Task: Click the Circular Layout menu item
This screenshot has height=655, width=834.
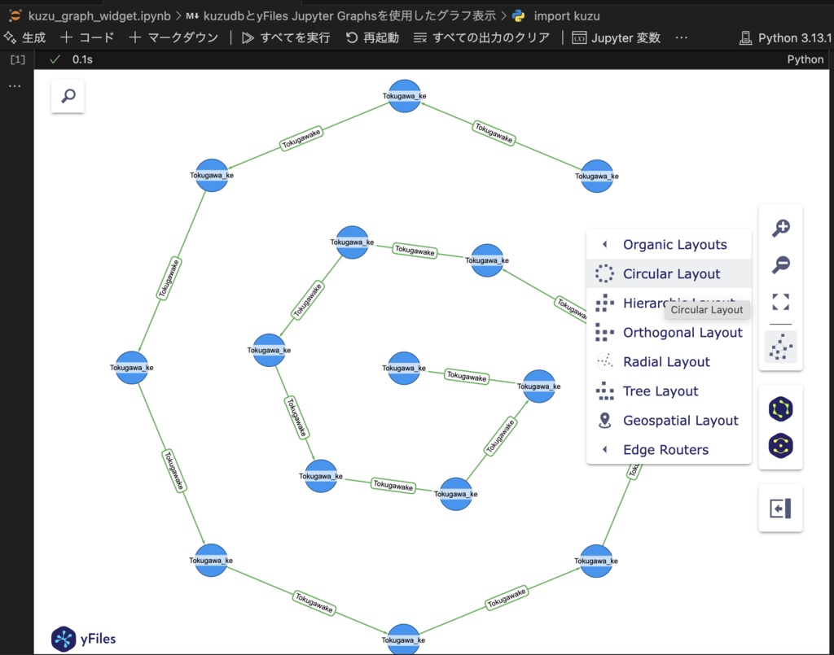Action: pos(671,273)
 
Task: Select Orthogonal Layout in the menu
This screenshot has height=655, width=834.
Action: pos(682,332)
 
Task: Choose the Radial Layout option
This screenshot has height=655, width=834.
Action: pos(665,361)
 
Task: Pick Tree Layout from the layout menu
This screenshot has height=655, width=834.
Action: pos(660,391)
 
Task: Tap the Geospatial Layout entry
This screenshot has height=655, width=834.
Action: pos(680,420)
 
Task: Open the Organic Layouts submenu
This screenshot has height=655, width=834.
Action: pos(674,244)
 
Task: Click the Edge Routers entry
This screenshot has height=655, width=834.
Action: pos(665,449)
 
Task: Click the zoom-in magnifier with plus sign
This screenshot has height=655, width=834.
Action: pos(780,229)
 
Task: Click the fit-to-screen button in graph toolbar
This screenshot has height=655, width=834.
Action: pos(780,303)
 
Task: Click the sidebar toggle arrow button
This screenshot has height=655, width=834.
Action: pos(780,509)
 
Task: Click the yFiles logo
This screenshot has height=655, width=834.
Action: pos(84,639)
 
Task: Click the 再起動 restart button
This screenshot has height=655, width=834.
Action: pos(372,37)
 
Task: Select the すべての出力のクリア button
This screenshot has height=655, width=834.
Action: pos(481,37)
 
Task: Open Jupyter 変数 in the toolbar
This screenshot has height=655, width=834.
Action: pos(616,37)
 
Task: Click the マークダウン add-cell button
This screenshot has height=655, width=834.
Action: pos(173,37)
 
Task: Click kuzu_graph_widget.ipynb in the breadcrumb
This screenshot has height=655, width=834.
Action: pos(88,15)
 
